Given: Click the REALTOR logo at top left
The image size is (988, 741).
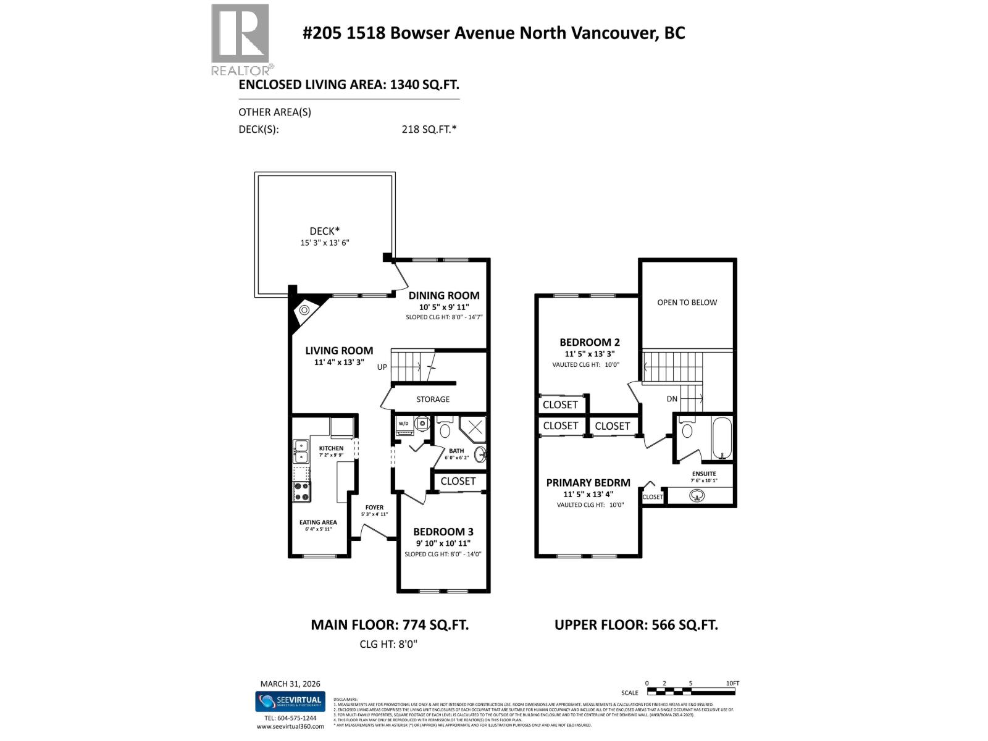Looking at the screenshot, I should (x=240, y=39).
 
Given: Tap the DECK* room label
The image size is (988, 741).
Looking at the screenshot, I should (x=325, y=231).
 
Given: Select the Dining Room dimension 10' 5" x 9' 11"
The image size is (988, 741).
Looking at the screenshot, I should (x=443, y=306).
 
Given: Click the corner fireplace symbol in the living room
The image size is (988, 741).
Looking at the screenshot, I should (x=304, y=311).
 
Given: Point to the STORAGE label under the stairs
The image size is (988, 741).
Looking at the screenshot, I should (x=432, y=399).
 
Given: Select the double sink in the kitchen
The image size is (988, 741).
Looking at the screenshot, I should (x=301, y=451).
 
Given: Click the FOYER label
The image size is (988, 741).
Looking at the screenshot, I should (x=374, y=507).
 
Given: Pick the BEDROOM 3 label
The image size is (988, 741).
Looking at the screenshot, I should (x=443, y=532).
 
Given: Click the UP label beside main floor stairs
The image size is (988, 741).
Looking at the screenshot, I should (x=382, y=367).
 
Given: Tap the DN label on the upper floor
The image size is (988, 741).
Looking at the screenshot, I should (x=672, y=399).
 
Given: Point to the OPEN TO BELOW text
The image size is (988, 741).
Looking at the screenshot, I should (x=687, y=302).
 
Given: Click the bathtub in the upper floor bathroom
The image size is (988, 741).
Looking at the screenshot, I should (x=722, y=439).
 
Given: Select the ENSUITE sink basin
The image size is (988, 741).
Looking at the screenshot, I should (x=698, y=495).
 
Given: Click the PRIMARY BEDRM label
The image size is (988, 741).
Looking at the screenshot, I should (x=588, y=483).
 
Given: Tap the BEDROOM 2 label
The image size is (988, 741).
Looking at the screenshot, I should (x=589, y=342).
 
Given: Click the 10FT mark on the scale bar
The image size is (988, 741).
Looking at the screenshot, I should (x=732, y=683).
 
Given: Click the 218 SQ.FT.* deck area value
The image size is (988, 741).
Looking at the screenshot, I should (x=429, y=129).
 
